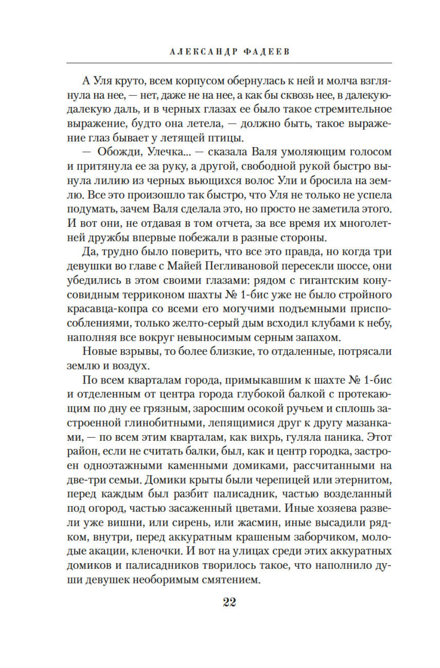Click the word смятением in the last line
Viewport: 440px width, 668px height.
pyautogui.click(x=234, y=580)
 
